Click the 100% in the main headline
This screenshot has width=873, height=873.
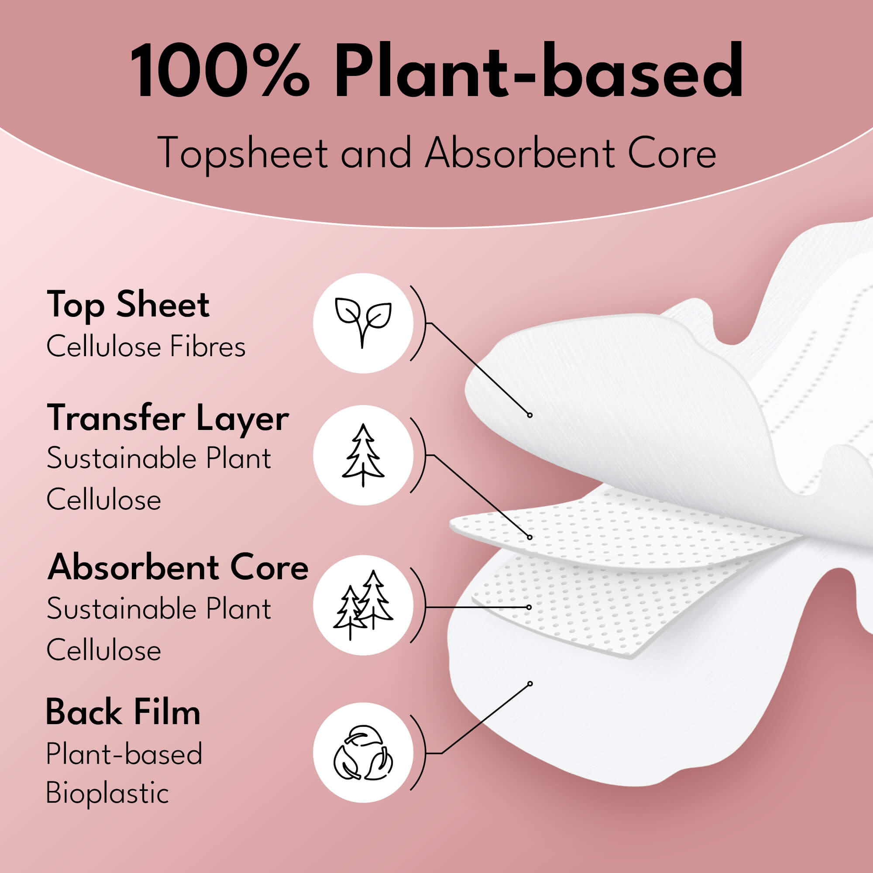[x=220, y=70]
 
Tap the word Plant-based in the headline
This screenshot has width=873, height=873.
[x=538, y=70]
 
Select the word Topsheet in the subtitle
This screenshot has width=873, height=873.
[x=243, y=153]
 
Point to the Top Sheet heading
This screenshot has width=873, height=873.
[x=128, y=305]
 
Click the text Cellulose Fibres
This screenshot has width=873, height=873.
[x=146, y=347]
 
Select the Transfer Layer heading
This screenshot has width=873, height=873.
[x=168, y=419]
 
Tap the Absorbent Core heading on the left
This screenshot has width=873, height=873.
[x=178, y=567]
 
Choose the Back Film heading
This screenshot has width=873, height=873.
[x=124, y=713]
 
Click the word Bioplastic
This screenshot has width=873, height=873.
[x=107, y=794]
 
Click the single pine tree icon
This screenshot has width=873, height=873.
[x=363, y=455]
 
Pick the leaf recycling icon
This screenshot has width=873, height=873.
[x=363, y=753]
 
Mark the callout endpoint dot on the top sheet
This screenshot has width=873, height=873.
[x=529, y=415]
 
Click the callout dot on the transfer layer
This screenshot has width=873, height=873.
[x=529, y=537]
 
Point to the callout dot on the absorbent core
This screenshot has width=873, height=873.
[x=529, y=607]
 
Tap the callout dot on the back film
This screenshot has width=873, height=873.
[x=530, y=684]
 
